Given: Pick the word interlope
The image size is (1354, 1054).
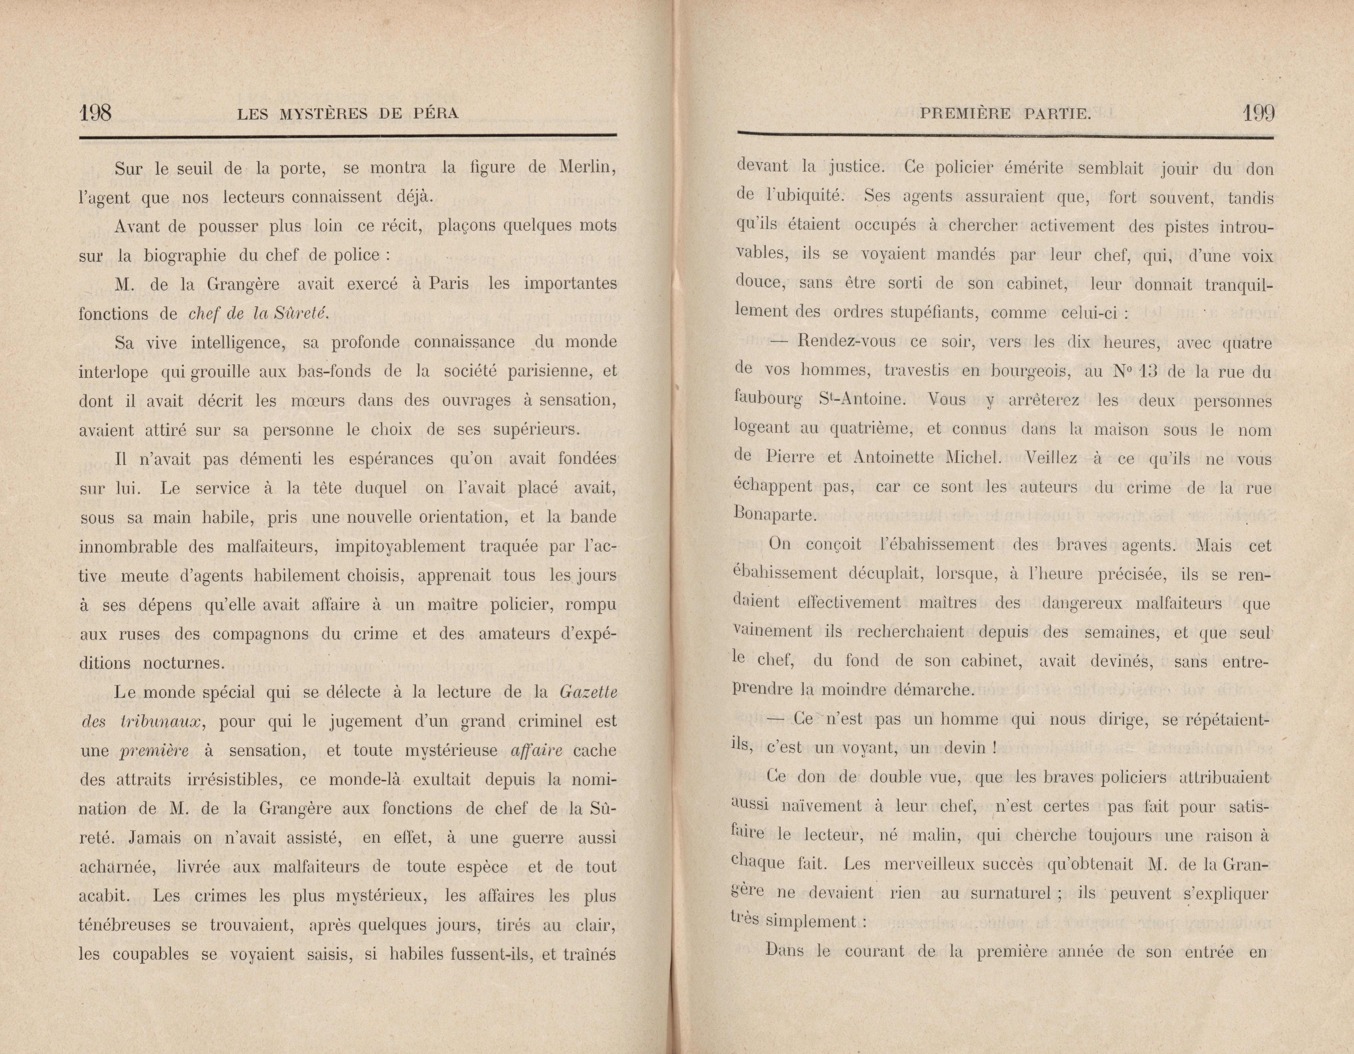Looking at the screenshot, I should (x=113, y=372).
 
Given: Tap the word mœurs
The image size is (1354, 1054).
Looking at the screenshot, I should (x=317, y=400).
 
